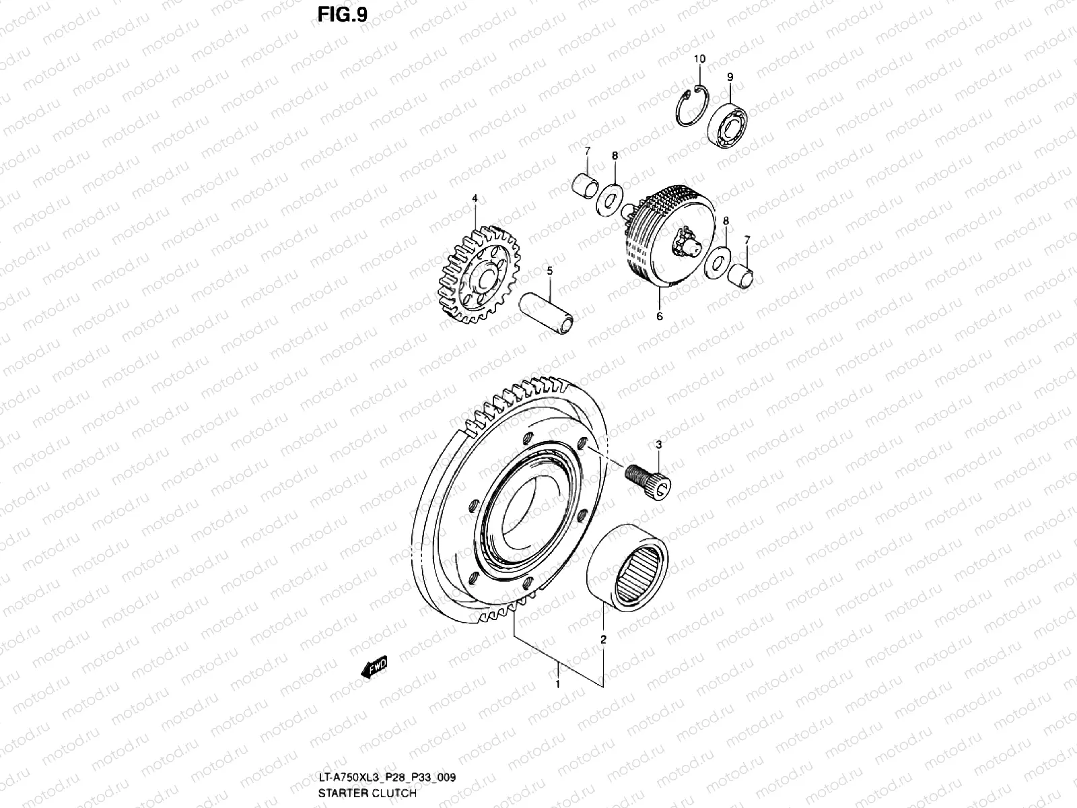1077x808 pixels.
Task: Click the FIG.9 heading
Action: point(343,14)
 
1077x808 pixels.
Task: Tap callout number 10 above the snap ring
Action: point(699,59)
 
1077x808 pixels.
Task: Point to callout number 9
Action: point(730,77)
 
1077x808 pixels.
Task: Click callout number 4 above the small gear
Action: point(474,199)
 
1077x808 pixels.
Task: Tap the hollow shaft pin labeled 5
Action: point(548,316)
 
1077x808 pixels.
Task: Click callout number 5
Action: point(549,271)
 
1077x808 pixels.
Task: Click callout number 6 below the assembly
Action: point(660,316)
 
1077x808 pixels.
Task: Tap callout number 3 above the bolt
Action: point(658,444)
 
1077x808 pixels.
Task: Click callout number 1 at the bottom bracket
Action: point(557,684)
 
